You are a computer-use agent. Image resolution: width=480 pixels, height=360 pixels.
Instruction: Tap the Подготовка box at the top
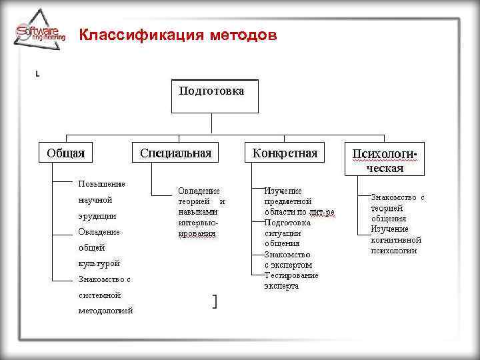[x=211, y=97]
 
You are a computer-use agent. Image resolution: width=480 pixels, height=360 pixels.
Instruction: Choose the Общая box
[x=65, y=153]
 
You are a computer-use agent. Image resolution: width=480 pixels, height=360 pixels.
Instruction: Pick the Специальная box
[x=175, y=153]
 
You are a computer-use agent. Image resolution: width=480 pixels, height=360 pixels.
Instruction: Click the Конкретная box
[x=285, y=153]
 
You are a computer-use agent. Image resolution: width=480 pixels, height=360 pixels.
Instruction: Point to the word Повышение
[x=101, y=183]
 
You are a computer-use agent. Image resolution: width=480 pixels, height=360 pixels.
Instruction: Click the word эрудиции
[x=97, y=215]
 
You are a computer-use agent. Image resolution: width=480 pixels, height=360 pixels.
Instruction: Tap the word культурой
[x=99, y=263]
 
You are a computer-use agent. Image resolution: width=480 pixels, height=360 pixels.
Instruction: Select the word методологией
[x=105, y=311]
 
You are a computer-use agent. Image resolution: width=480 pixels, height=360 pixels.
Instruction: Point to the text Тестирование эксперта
[x=291, y=280]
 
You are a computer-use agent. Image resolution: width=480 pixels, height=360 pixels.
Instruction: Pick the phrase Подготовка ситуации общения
[x=287, y=233]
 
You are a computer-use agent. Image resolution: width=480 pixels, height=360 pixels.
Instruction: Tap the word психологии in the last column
[x=393, y=250]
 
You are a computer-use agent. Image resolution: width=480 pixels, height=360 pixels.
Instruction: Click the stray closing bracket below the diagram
[x=214, y=302]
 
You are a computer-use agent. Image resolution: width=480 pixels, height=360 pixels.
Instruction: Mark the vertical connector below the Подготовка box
[x=211, y=123]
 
